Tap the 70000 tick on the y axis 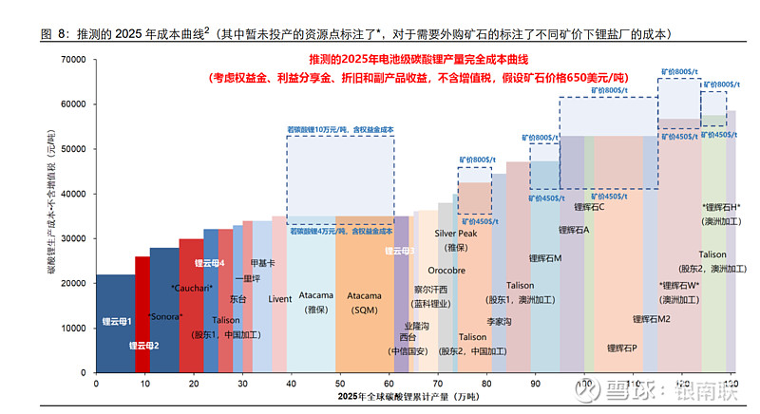pos(73,59)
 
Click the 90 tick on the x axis pos(535,383)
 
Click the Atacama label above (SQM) pos(364,295)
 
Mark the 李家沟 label pos(500,322)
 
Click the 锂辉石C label pos(590,206)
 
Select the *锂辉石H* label pos(721,207)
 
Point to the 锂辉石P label pos(621,348)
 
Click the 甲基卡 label pos(263,263)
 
